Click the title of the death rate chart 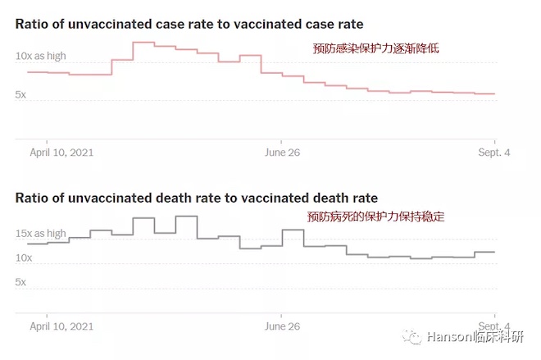tap(196, 198)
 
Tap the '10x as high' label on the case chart tap(40, 57)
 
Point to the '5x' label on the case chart tap(20, 95)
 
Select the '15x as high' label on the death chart tap(40, 234)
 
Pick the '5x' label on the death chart tap(20, 282)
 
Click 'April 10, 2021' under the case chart tap(62, 152)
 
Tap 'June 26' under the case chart tap(282, 152)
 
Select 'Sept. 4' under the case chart tap(493, 152)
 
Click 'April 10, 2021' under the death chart tap(62, 326)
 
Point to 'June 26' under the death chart tap(282, 326)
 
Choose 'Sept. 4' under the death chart tap(493, 326)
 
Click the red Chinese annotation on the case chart tap(376, 48)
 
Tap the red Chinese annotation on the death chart tap(376, 217)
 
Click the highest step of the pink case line tap(143, 42)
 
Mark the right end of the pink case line tap(494, 93)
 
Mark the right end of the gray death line tap(494, 252)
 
